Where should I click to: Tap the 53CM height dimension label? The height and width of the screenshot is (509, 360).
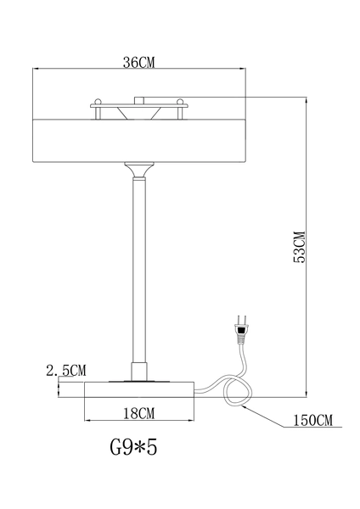[298, 246]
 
